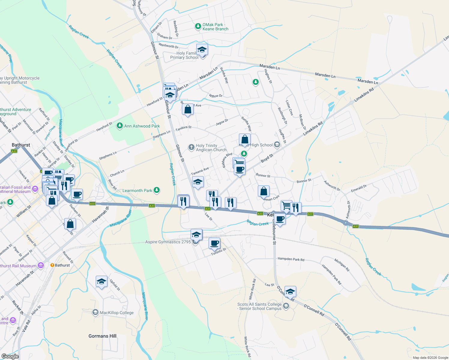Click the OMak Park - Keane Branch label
pyautogui.click(x=215, y=27)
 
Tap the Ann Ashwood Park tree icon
pyautogui.click(x=120, y=126)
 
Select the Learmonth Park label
pyautogui.click(x=137, y=190)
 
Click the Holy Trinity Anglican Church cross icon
pyautogui.click(x=191, y=147)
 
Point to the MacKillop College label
pyautogui.click(x=116, y=313)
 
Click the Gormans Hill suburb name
pyautogui.click(x=102, y=336)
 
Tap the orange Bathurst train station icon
pyautogui.click(x=52, y=265)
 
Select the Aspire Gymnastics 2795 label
pyautogui.click(x=168, y=242)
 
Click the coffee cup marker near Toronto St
pyautogui.click(x=214, y=244)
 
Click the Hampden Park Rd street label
pyautogui.click(x=291, y=259)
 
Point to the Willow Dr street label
pyautogui.click(x=216, y=96)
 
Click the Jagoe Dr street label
pyautogui.click(x=222, y=122)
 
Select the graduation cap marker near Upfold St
pyautogui.click(x=101, y=282)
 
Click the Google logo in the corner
pyautogui.click(x=10, y=356)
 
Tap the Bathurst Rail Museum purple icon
pyautogui.click(x=41, y=265)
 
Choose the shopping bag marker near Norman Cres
pyautogui.click(x=264, y=191)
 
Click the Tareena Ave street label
pyautogui.click(x=200, y=172)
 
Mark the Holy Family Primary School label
pyautogui.click(x=184, y=55)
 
